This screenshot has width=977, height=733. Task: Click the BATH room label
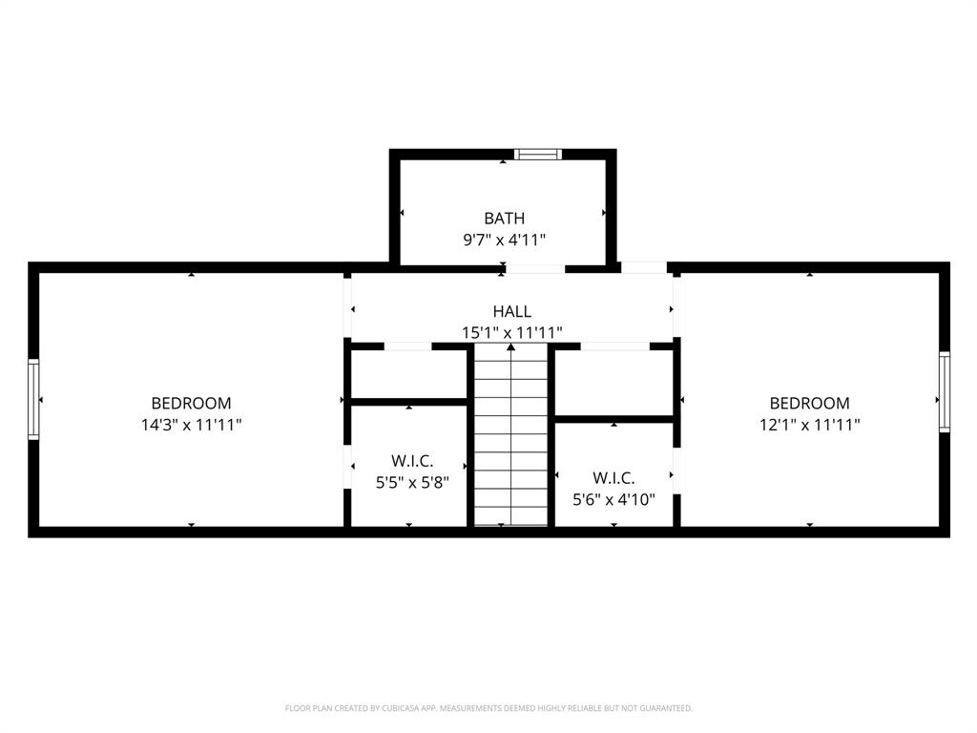coord(504,219)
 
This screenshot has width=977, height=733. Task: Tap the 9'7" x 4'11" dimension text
coord(504,241)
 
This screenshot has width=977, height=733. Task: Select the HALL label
coord(512,311)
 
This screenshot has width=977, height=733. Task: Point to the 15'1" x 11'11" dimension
coord(512,332)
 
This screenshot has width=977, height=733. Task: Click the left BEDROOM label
coord(191,404)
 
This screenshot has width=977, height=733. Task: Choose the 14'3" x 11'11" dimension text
coord(191,425)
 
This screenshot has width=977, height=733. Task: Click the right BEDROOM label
coord(809,404)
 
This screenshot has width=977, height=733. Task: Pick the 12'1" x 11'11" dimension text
coord(809,425)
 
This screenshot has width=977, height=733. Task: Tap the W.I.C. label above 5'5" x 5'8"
coord(412,461)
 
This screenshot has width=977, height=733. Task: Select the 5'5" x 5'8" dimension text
coord(412,482)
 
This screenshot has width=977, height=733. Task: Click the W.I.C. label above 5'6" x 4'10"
coord(613,477)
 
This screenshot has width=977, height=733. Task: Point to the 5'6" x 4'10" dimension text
coord(613,498)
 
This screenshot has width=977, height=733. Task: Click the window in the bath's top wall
coord(538,154)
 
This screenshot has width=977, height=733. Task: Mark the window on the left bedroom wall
coord(33,399)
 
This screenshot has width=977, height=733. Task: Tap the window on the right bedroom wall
coord(945,391)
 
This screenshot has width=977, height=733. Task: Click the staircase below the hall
coord(511,439)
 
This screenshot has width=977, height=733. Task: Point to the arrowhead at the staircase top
coord(511,347)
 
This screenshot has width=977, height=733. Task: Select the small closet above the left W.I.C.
coord(408,374)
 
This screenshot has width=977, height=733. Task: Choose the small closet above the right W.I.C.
coord(613,382)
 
